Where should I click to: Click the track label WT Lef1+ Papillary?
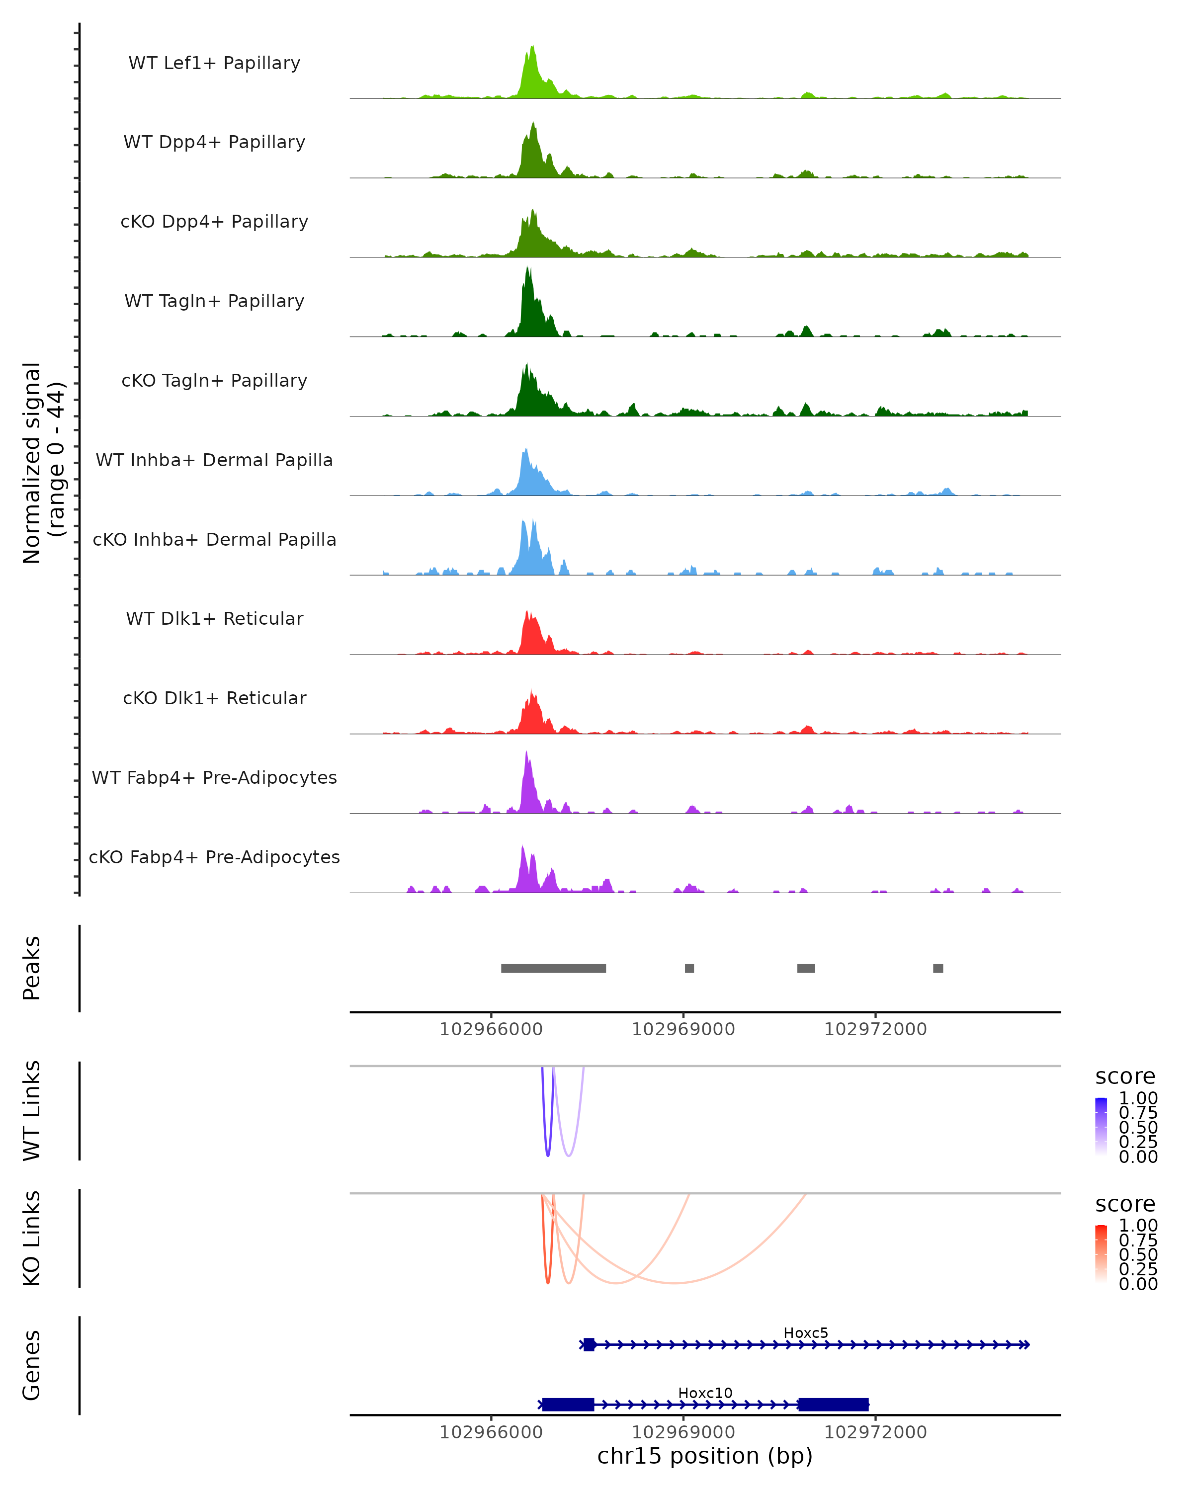[x=214, y=63]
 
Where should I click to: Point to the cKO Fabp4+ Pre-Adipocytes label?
[x=214, y=857]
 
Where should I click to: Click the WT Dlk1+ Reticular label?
[x=214, y=618]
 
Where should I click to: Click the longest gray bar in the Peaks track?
[x=553, y=968]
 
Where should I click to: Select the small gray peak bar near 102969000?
[x=689, y=968]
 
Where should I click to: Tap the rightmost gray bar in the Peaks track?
[x=938, y=968]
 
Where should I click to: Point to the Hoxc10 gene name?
[x=705, y=1393]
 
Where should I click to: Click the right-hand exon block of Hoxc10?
[x=834, y=1405]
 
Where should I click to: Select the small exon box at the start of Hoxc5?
[x=589, y=1344]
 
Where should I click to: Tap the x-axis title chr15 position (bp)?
[x=705, y=1456]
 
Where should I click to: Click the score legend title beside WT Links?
[x=1125, y=1077]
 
